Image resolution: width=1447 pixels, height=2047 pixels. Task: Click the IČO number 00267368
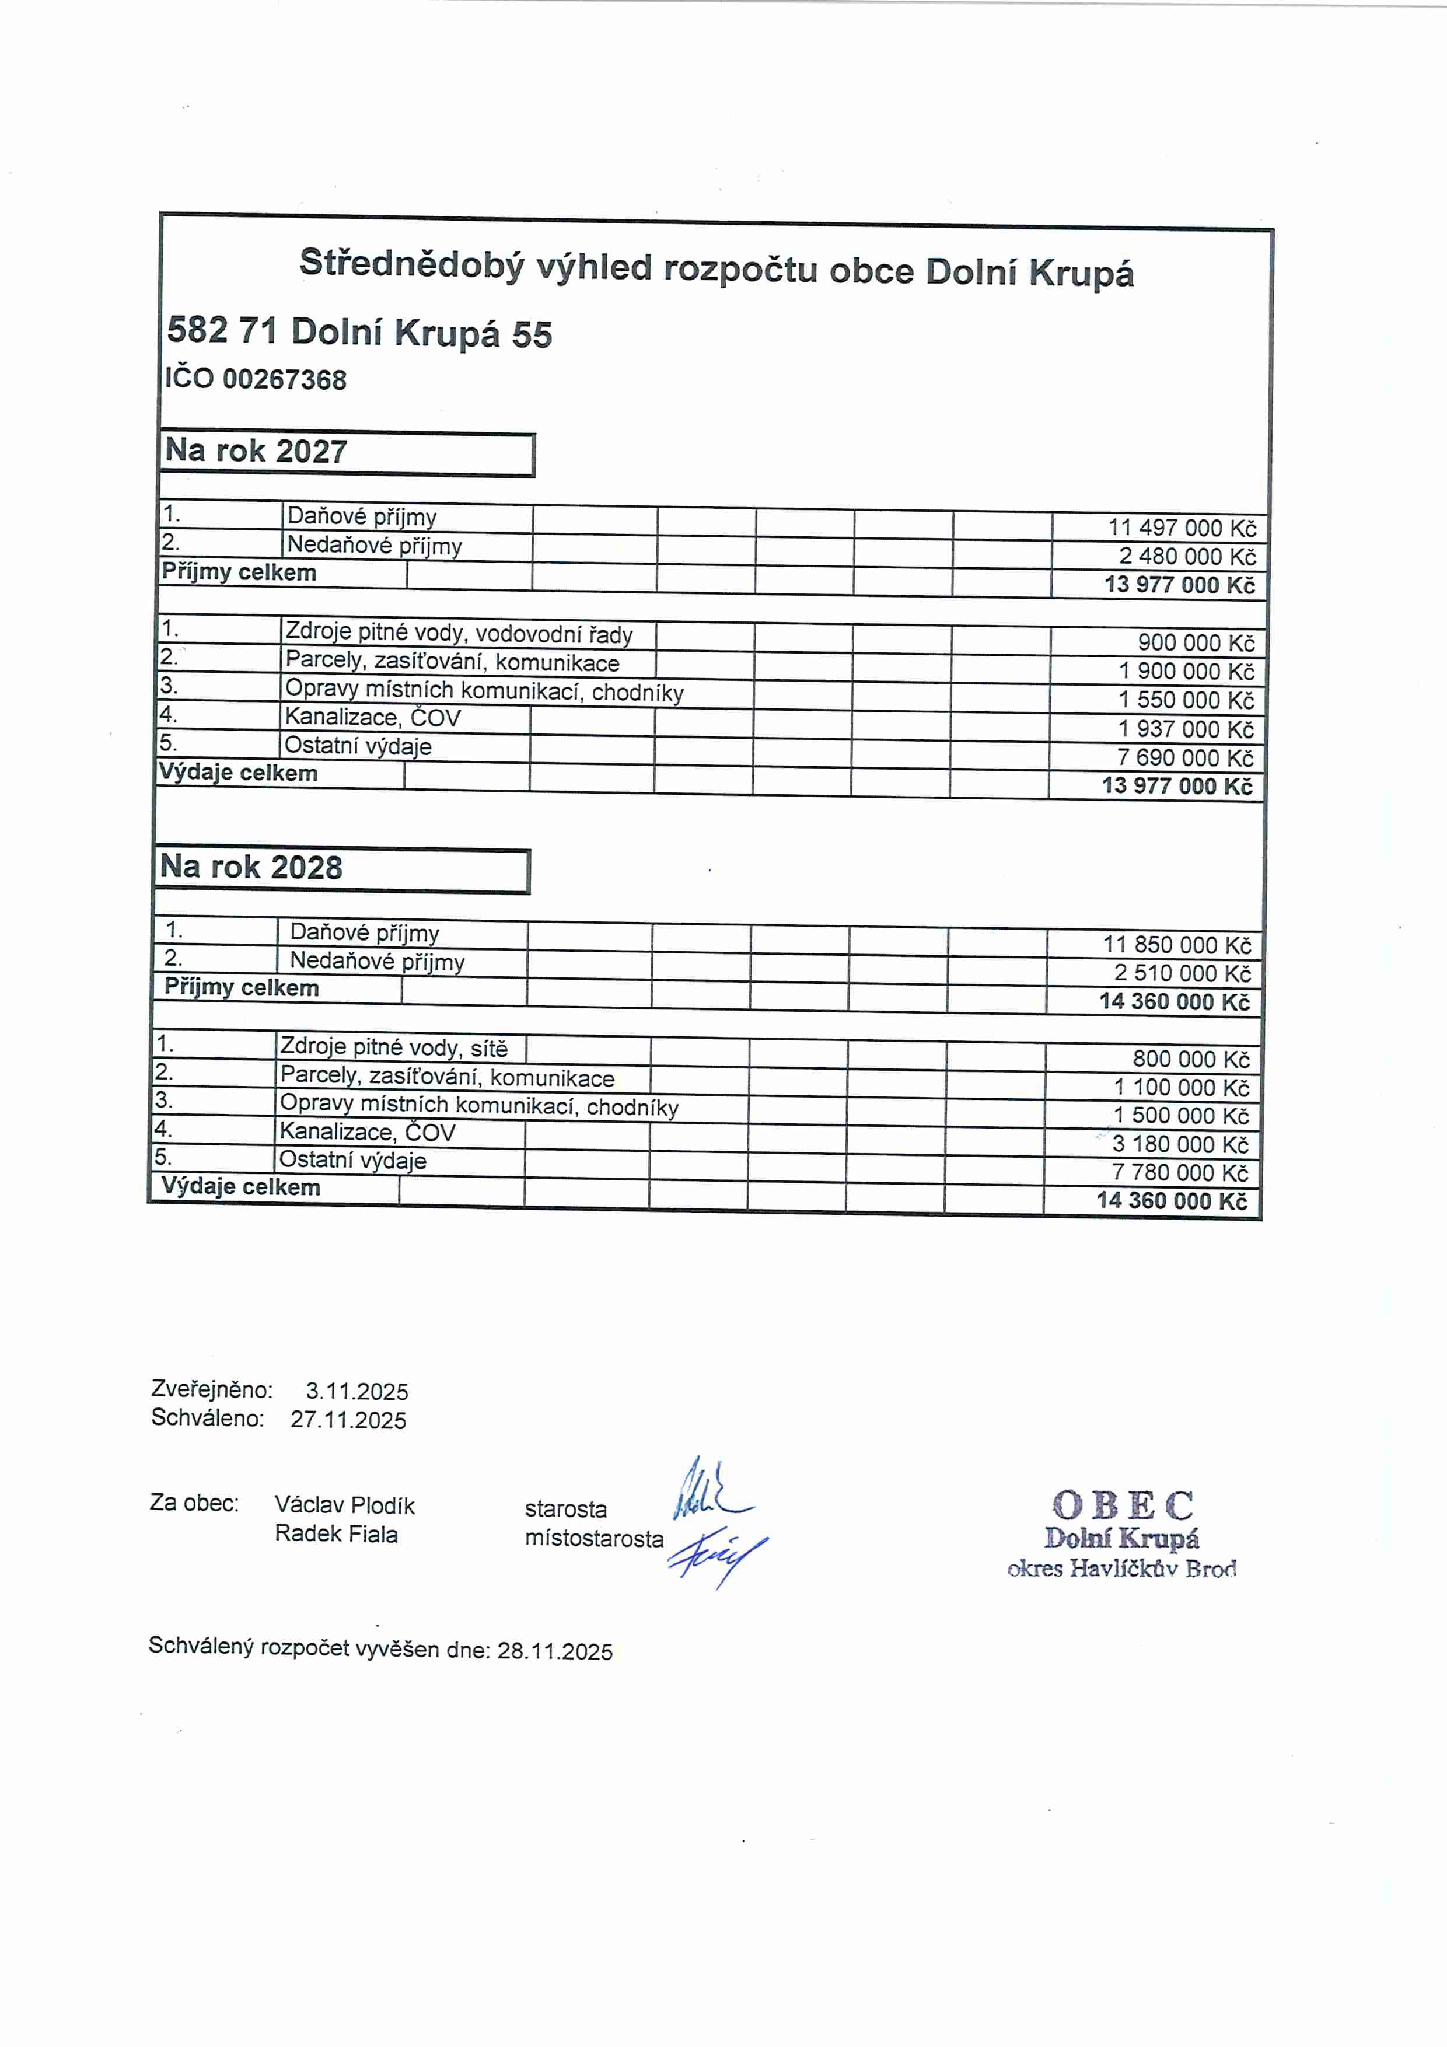[284, 380]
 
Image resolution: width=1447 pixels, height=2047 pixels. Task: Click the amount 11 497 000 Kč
[1182, 528]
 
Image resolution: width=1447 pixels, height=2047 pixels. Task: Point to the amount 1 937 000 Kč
[1185, 729]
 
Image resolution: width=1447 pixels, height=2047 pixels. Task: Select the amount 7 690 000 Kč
[1185, 758]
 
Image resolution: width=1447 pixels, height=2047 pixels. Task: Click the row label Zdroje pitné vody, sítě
[393, 1047]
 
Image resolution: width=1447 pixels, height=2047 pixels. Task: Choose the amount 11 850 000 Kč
[1177, 945]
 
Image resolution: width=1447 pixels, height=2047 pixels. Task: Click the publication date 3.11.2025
[356, 1392]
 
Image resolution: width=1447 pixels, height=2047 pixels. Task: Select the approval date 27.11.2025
[348, 1420]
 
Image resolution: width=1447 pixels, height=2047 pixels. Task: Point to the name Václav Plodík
[344, 1506]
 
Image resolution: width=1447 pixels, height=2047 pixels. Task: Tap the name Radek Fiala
[335, 1534]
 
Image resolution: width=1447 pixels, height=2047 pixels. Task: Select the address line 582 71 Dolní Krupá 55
[359, 333]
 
